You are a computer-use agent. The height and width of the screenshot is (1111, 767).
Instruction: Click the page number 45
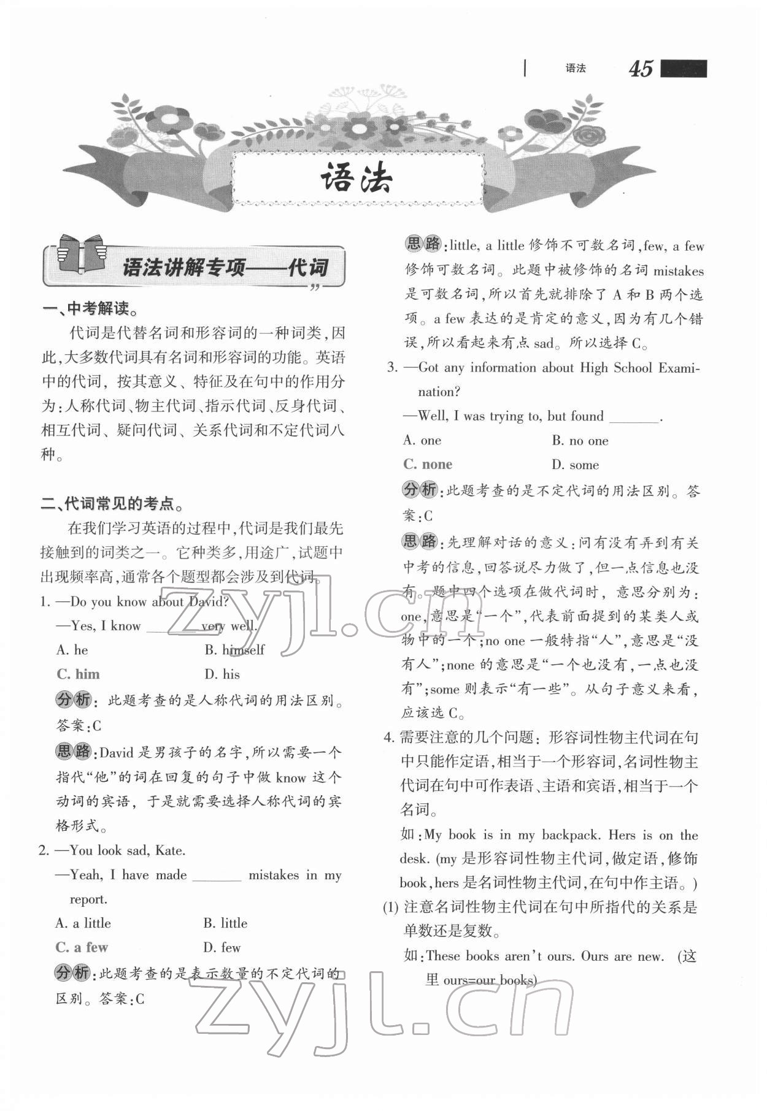(x=641, y=69)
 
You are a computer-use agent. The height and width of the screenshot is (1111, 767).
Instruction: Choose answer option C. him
(x=78, y=674)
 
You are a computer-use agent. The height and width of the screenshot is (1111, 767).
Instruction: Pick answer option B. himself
(x=234, y=650)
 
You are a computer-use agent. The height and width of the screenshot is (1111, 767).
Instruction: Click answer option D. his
(x=222, y=674)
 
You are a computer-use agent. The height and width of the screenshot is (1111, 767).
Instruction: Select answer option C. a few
(x=82, y=947)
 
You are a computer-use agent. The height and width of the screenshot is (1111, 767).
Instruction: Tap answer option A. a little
(x=83, y=923)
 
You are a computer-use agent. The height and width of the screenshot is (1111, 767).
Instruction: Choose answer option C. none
(x=428, y=465)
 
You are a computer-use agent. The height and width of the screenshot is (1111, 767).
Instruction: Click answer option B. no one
(x=580, y=441)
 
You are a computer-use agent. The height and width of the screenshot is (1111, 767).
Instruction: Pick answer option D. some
(x=575, y=465)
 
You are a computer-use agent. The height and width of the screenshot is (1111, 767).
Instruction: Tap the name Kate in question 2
(x=170, y=850)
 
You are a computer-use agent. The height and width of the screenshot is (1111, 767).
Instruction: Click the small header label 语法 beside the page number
(x=576, y=69)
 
